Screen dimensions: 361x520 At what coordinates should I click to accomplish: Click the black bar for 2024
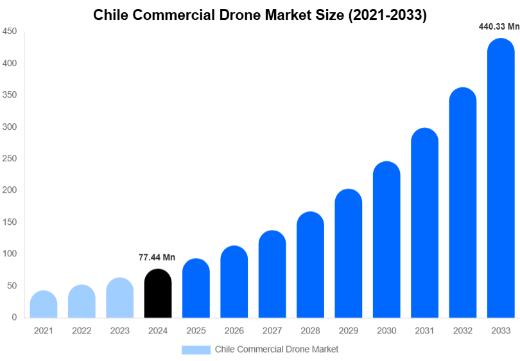[157, 294]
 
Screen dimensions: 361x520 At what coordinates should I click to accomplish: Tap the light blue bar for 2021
[44, 304]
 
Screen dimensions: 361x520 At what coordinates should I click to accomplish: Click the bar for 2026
[234, 282]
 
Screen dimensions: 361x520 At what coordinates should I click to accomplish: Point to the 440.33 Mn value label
[499, 27]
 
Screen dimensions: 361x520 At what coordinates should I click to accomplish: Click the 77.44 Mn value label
[157, 258]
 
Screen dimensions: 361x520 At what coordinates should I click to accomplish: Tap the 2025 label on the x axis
[196, 331]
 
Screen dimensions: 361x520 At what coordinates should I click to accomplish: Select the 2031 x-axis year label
[424, 331]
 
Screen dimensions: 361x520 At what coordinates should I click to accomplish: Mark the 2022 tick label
[82, 331]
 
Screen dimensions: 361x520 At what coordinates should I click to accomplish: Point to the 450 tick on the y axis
[9, 31]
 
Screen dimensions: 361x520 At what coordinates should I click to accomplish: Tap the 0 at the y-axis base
[13, 317]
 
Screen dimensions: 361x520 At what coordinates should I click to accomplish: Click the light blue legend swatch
[196, 349]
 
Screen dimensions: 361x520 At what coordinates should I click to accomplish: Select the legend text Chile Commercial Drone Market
[276, 349]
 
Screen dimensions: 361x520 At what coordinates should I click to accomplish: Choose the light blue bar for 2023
[119, 298]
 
